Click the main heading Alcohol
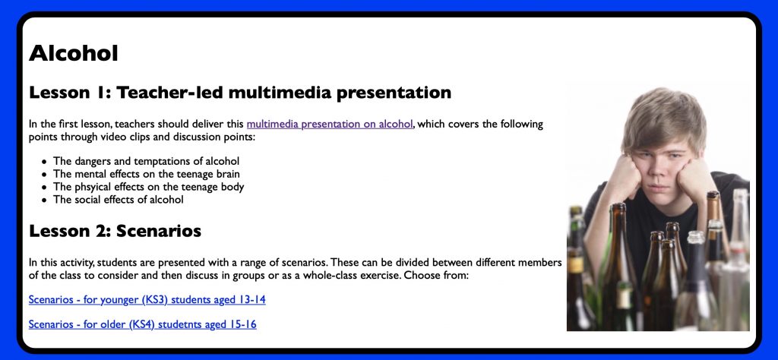click(74, 53)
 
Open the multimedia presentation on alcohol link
click(330, 124)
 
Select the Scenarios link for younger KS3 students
click(147, 299)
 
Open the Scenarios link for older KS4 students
click(142, 324)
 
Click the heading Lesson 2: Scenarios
click(115, 231)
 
